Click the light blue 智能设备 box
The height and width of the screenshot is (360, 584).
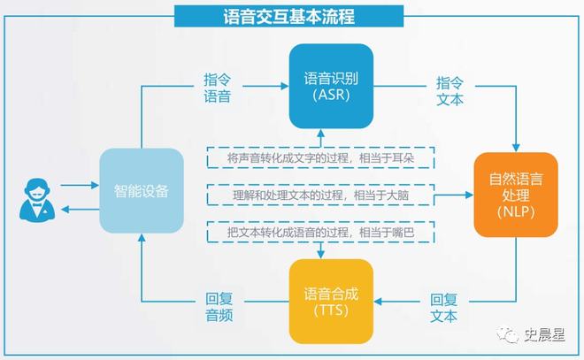tap(142, 191)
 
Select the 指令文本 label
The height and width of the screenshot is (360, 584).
tap(450, 90)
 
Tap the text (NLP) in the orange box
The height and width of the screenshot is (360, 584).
tap(515, 212)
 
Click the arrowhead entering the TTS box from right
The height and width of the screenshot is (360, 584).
tap(380, 301)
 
